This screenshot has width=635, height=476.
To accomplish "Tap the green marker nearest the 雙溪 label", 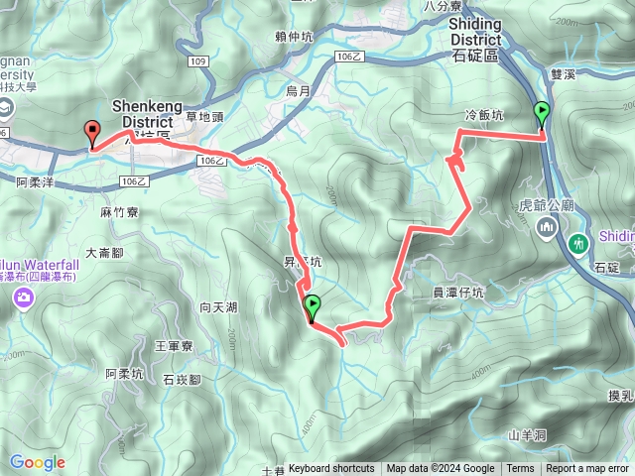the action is click(x=542, y=112).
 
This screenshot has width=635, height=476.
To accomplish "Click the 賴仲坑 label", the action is click(x=294, y=37).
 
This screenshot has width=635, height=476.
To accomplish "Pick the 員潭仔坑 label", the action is click(x=458, y=293).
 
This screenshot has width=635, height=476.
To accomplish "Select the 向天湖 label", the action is click(x=218, y=307).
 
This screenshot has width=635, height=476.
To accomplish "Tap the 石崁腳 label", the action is click(x=182, y=380).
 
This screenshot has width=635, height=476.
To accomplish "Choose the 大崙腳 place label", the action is click(x=104, y=253).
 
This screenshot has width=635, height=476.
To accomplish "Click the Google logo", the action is click(x=37, y=462).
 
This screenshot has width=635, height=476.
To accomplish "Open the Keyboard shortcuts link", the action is click(x=331, y=469).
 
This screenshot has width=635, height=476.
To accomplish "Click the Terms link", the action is click(x=520, y=469).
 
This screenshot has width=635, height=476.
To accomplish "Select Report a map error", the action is click(x=588, y=469).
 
